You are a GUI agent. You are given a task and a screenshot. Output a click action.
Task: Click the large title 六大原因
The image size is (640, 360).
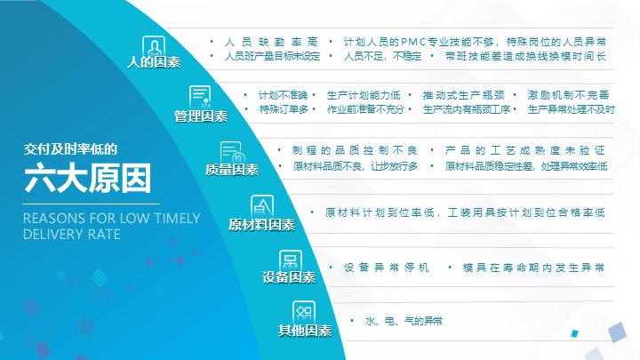(88, 178)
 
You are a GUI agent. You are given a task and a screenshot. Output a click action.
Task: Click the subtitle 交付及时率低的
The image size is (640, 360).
(70, 149)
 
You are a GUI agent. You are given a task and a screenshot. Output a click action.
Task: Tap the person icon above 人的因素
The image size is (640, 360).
(154, 46)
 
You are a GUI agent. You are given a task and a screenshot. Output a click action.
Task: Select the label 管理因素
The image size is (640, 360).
(201, 116)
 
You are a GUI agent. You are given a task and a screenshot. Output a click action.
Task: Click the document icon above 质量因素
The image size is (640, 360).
(231, 152)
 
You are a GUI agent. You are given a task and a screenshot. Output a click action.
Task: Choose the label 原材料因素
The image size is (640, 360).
(261, 225)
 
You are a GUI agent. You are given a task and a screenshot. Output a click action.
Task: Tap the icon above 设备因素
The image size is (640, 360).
(290, 260)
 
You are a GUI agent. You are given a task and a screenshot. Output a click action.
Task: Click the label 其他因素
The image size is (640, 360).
(305, 330)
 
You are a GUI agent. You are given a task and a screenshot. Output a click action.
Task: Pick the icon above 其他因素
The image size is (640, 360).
(304, 312)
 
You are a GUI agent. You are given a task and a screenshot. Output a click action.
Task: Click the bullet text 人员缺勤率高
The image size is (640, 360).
(271, 42)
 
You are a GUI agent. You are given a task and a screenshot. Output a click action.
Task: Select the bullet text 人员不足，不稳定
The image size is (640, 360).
(382, 56)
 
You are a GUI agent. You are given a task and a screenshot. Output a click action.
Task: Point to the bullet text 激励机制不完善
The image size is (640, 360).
(568, 95)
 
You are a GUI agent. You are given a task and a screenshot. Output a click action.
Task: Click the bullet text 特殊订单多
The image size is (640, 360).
(284, 109)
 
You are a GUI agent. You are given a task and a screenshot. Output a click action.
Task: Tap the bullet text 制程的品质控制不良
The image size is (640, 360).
(355, 150)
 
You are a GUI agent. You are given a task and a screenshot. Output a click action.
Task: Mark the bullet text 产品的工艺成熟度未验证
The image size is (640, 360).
(524, 150)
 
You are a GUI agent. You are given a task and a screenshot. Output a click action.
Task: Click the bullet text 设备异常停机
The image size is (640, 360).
(386, 268)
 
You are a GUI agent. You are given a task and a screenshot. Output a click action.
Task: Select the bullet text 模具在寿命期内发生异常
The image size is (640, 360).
(533, 268)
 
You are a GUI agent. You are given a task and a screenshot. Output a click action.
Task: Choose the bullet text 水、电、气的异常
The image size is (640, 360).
(404, 321)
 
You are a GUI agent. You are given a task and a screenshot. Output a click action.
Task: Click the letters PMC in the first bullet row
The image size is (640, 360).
(413, 42)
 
